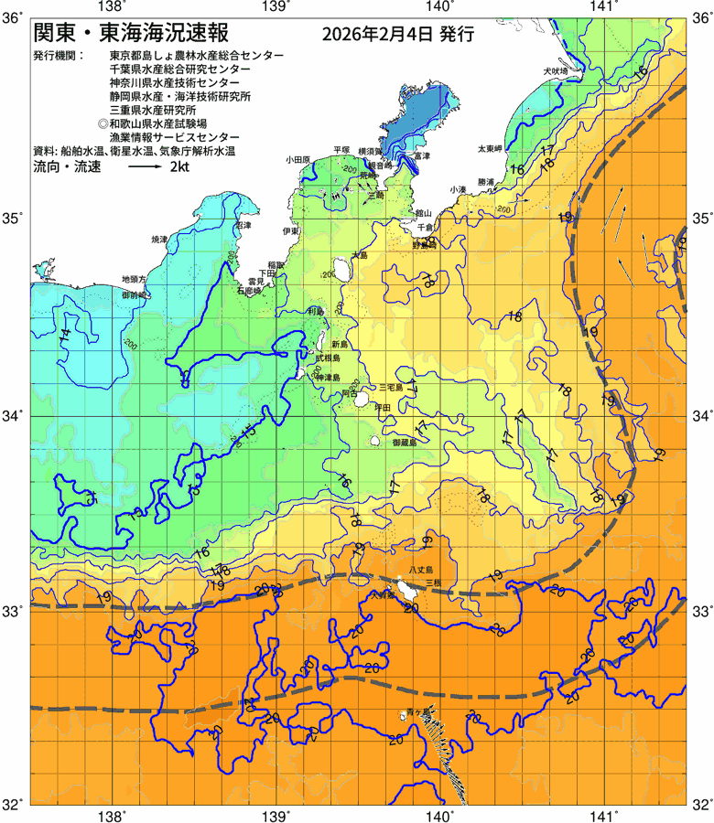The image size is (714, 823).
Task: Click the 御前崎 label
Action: click(135, 295)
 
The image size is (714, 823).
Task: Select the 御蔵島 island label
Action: click(404, 442)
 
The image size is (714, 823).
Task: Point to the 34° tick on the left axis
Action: click(16, 417)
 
